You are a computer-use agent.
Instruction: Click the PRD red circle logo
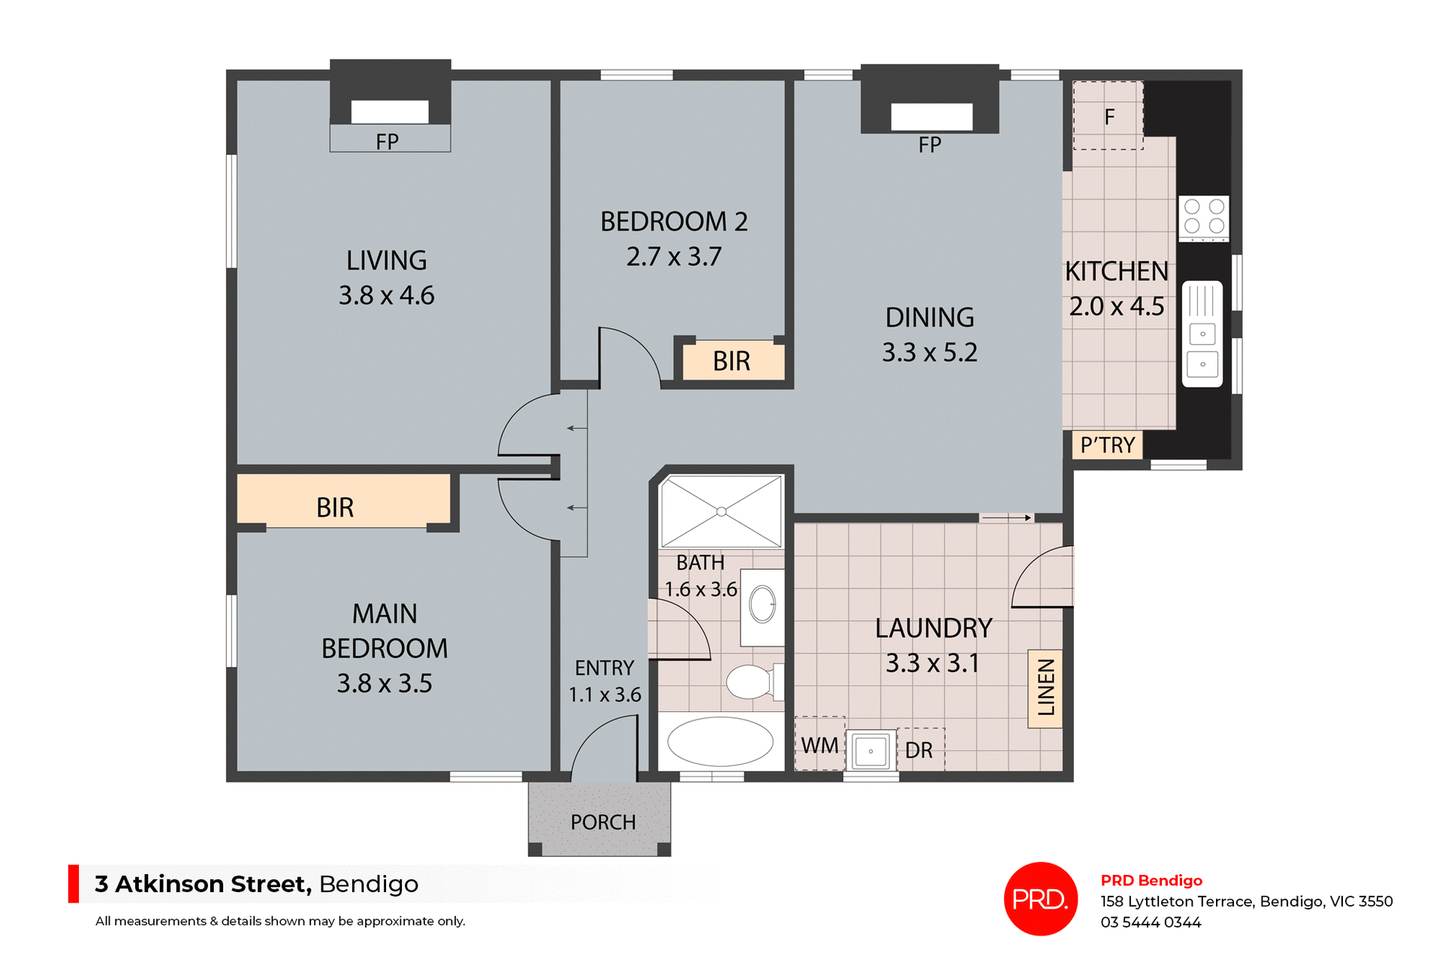[1040, 898]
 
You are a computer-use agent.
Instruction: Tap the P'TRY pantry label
[1107, 445]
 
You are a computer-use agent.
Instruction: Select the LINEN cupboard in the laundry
[1045, 688]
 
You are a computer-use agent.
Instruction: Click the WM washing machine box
[819, 745]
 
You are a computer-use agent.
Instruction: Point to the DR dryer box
[919, 749]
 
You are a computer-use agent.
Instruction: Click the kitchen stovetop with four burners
[1203, 217]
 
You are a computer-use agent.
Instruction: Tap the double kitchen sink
[1202, 334]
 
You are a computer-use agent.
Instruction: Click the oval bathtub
[720, 741]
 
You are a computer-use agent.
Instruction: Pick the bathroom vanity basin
[762, 605]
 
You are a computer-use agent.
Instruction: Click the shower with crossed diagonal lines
[721, 511]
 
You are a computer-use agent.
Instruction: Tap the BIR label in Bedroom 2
[732, 361]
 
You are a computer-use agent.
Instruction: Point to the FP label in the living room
[388, 141]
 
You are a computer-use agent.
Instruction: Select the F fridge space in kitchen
[1109, 116]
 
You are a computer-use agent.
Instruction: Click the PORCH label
[602, 822]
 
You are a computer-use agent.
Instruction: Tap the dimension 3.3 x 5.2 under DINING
[929, 352]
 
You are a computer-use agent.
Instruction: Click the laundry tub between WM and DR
[871, 750]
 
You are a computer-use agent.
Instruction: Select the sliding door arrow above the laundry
[1006, 517]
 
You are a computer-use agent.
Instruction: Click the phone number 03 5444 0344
[1151, 922]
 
